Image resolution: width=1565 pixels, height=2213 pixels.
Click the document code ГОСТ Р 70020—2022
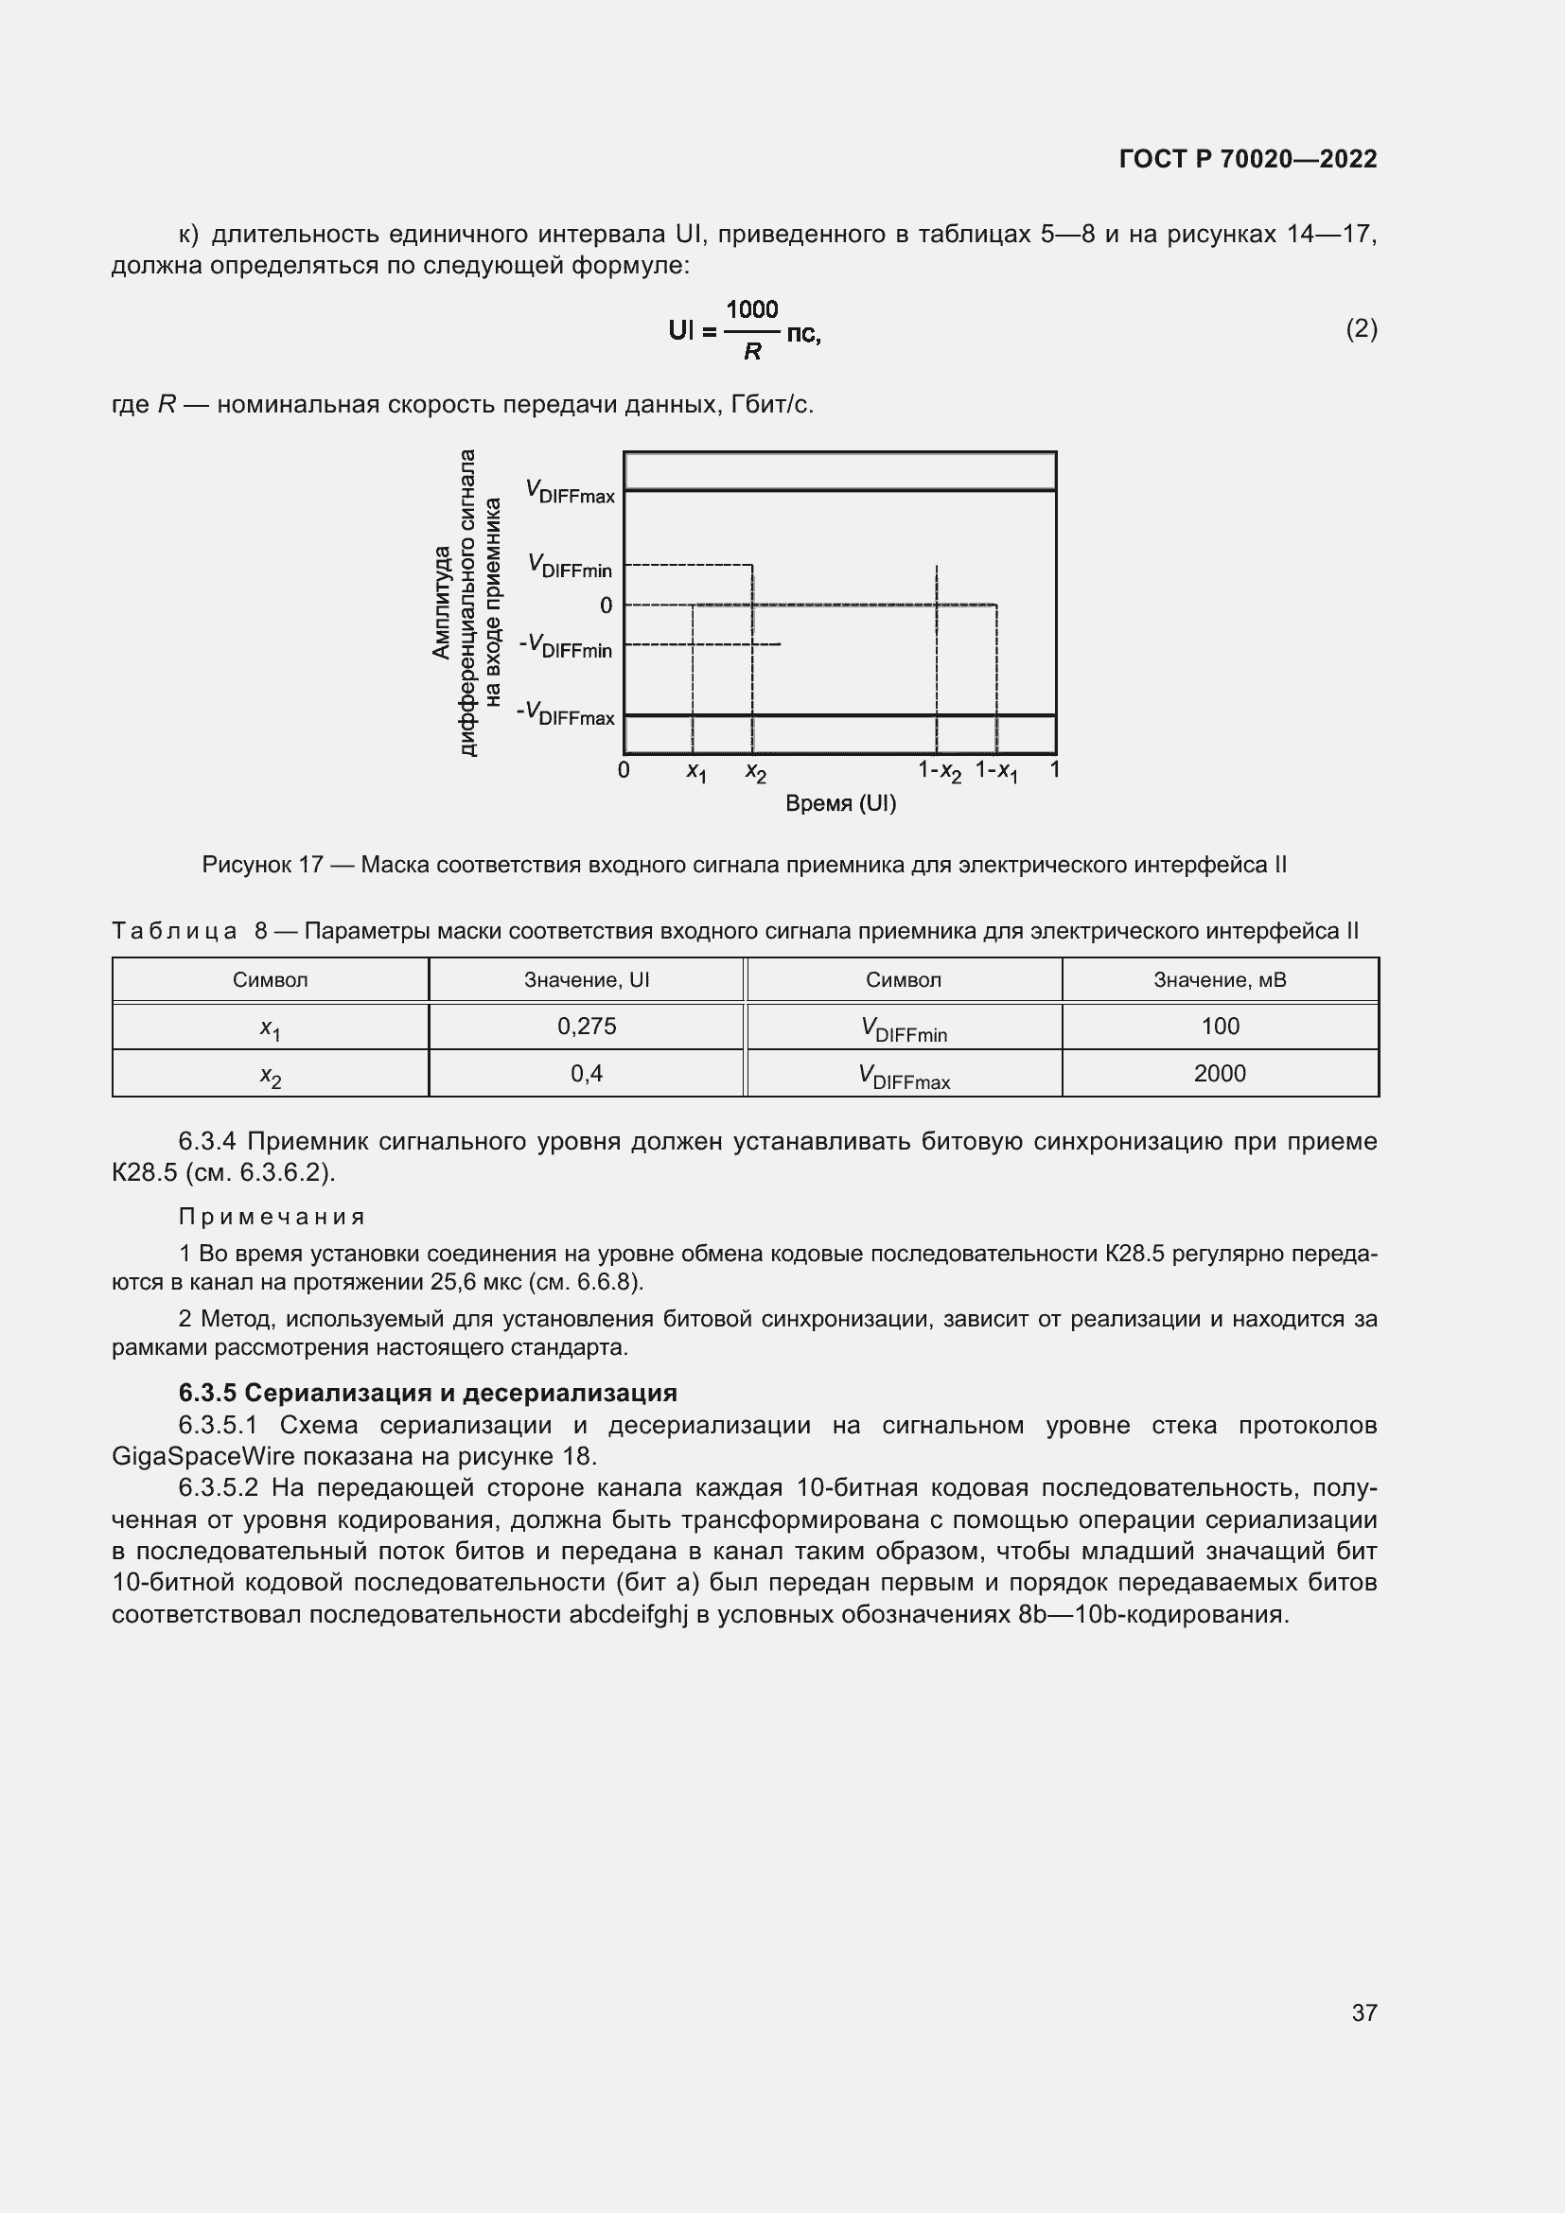(1247, 159)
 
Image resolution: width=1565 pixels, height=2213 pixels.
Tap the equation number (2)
(1361, 329)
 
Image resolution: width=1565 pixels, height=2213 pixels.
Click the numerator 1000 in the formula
(751, 309)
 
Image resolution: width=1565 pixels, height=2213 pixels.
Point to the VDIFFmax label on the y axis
(570, 493)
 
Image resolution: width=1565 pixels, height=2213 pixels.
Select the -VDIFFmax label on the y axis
(566, 714)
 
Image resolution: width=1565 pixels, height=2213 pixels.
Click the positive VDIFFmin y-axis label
(570, 567)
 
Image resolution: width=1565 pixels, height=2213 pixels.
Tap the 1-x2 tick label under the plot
(939, 771)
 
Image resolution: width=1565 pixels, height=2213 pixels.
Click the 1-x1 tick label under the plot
(996, 771)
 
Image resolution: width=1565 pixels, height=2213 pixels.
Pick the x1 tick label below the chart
(695, 772)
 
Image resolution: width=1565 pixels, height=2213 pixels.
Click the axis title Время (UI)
(840, 804)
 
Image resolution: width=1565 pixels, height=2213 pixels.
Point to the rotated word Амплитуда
(441, 603)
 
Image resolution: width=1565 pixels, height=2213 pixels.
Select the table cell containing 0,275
(586, 1027)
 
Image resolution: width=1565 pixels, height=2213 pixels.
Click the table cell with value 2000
(1219, 1074)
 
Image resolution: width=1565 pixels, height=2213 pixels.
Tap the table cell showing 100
(1219, 1027)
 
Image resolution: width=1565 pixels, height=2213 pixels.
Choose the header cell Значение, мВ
(1219, 980)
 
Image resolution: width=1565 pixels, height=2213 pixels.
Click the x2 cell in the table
(271, 1075)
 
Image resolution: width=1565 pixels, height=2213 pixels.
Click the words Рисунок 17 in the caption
(262, 866)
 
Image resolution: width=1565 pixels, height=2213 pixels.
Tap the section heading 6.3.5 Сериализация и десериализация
(427, 1393)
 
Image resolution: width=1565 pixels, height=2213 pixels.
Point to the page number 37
(1363, 2012)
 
